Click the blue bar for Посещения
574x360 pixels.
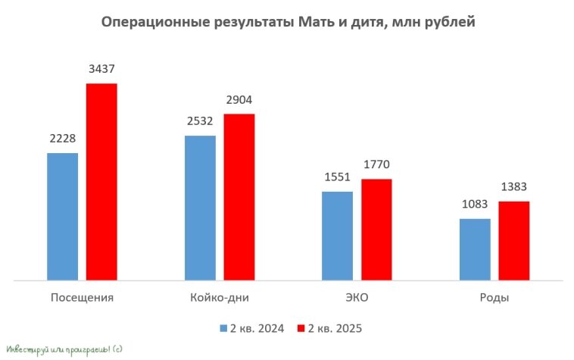point(62,216)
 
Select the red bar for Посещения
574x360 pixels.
point(101,182)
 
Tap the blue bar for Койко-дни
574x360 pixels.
point(200,208)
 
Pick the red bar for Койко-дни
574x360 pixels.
point(239,197)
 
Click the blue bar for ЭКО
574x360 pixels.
point(337,236)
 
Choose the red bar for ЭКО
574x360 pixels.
point(376,230)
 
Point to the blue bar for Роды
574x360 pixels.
point(475,249)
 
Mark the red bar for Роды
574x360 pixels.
point(513,241)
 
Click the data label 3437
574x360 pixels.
point(101,70)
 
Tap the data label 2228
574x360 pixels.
point(62,139)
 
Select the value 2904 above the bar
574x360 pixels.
point(239,100)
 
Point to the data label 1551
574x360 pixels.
point(337,178)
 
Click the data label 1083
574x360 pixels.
point(475,205)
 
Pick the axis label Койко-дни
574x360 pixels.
point(220,297)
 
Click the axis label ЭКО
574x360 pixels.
point(357,297)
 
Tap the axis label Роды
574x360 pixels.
point(494,297)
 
